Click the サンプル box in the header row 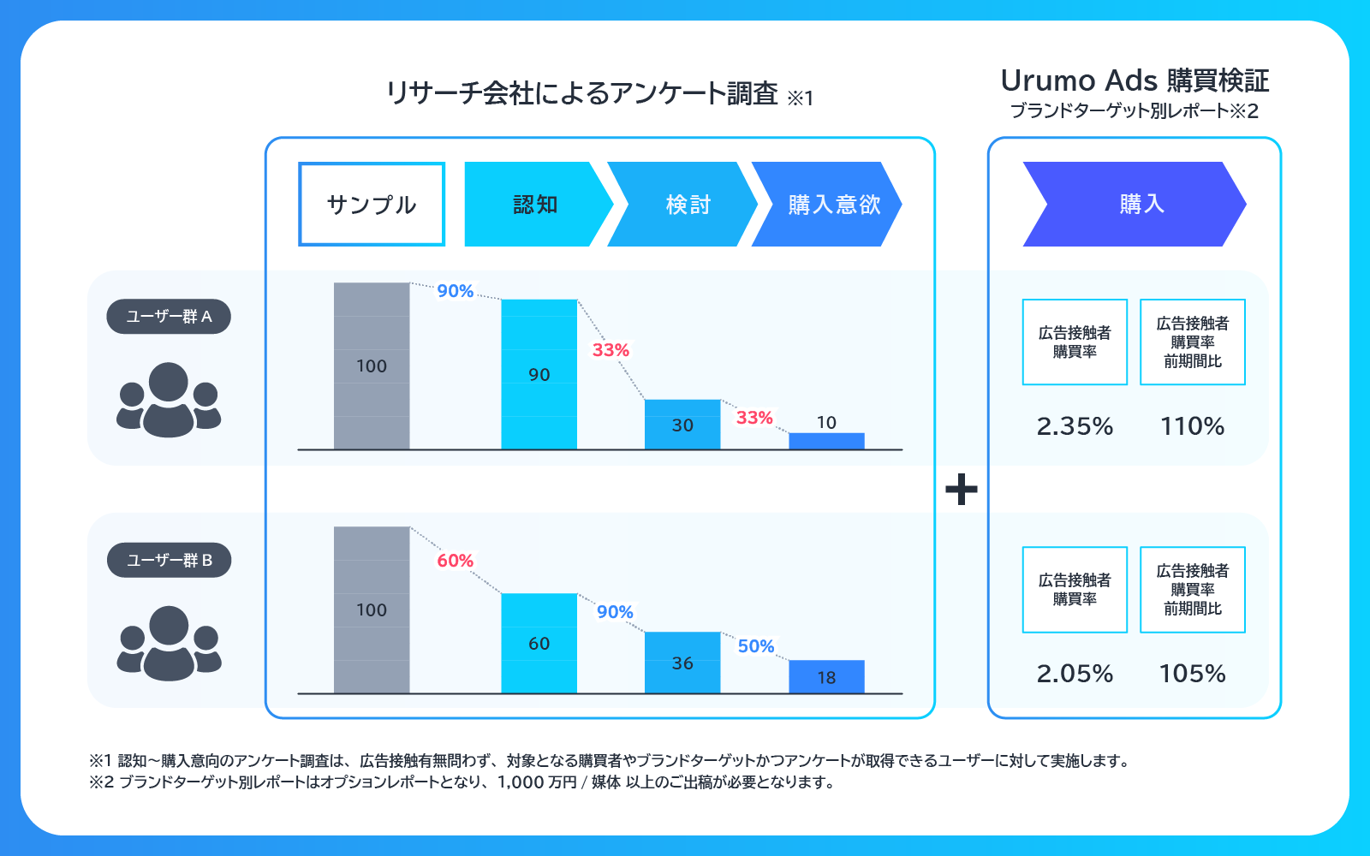(x=372, y=205)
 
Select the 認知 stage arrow (x=535, y=205)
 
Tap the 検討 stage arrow (x=685, y=205)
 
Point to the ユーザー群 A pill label (x=169, y=317)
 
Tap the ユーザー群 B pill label (x=169, y=561)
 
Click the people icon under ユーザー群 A (x=169, y=400)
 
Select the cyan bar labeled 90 (x=539, y=374)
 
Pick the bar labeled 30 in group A (x=682, y=425)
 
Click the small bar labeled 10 (x=826, y=441)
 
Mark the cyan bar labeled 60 (x=539, y=643)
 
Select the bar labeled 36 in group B (x=682, y=663)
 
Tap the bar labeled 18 (x=826, y=677)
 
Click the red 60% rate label (x=455, y=561)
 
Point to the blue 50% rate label (x=756, y=646)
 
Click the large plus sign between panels (x=962, y=490)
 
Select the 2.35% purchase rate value (x=1075, y=426)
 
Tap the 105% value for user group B (x=1192, y=674)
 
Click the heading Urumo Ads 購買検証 (x=1135, y=80)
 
